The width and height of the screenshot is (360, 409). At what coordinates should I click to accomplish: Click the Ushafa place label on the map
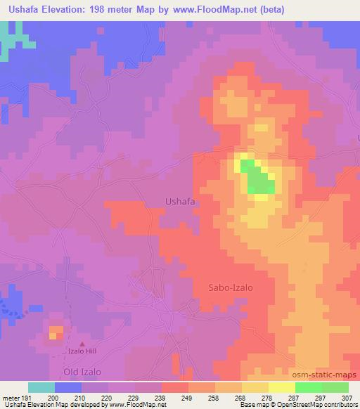(x=179, y=201)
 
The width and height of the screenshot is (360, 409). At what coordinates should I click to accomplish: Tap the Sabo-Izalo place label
(x=230, y=287)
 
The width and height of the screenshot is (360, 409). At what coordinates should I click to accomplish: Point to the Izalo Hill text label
(x=82, y=350)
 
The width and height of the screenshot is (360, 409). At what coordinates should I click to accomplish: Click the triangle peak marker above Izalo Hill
(x=82, y=342)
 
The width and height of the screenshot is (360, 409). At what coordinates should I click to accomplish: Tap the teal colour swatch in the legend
(x=41, y=387)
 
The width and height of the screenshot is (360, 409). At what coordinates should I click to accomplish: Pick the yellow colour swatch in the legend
(x=282, y=387)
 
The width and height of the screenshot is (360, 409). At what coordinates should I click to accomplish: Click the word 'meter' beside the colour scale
(x=11, y=397)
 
